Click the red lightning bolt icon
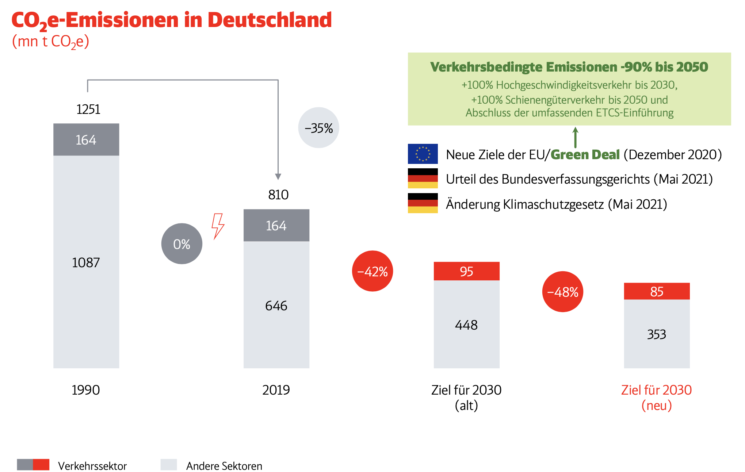tap(218, 226)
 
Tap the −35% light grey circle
tap(318, 128)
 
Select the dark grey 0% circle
tap(182, 244)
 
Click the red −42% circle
tap(372, 271)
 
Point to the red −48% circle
tap(562, 292)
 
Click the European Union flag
tap(423, 154)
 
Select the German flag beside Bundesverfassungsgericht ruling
tap(423, 178)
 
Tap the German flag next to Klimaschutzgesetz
tap(423, 203)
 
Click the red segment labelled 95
tap(466, 271)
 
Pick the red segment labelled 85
tap(657, 291)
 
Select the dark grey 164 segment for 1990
tap(86, 140)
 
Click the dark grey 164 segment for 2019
tap(276, 226)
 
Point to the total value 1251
tap(88, 109)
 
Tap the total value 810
tap(278, 195)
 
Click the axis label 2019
tap(276, 390)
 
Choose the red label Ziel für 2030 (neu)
tap(656, 398)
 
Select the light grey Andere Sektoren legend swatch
tap(169, 465)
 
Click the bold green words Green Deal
tap(585, 155)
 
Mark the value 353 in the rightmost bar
tap(657, 334)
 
